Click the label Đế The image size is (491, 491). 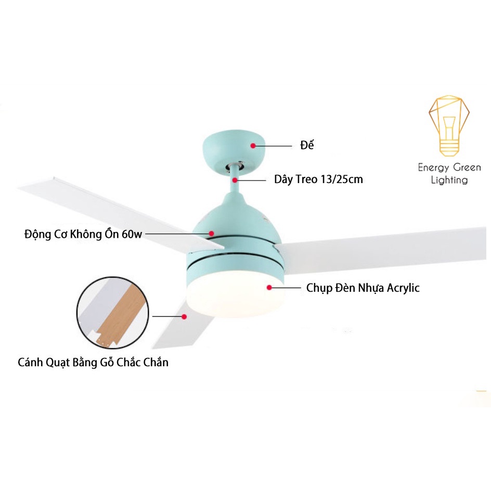pos(307,146)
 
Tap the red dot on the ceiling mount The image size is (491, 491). pos(253,146)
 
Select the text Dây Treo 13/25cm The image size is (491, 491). pos(318,180)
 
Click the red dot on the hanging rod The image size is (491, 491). pos(235,180)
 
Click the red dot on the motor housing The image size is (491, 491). pos(212,234)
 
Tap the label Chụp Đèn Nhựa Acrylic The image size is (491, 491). pos(363,288)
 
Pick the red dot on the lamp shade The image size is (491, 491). pos(269,287)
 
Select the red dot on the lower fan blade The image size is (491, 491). pos(184,316)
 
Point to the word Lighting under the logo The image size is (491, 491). pos(449,180)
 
